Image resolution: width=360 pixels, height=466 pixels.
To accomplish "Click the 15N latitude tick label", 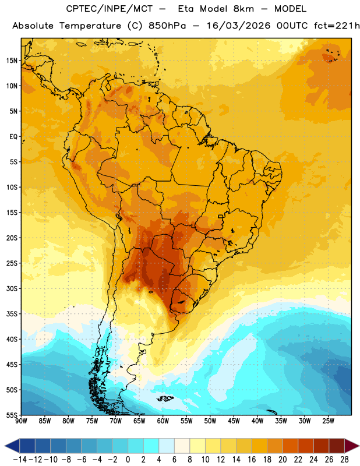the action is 12,61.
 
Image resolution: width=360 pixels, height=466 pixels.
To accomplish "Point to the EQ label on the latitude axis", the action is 13,137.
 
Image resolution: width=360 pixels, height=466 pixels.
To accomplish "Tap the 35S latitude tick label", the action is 12,314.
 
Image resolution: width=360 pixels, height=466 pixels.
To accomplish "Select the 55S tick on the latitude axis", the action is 12,415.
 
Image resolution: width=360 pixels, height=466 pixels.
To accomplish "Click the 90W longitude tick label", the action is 21,421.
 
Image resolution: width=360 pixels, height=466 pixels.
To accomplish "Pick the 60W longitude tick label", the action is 163,421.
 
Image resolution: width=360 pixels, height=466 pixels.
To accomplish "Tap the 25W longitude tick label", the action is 328,421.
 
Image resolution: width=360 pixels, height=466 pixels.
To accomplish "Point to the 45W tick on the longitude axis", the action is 234,421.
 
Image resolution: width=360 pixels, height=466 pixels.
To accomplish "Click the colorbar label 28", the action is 344,460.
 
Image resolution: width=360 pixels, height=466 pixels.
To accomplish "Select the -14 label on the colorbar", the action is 20,460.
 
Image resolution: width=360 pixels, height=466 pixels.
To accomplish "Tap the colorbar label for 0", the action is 128,460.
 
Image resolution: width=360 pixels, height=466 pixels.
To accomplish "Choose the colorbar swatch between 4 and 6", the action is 167,446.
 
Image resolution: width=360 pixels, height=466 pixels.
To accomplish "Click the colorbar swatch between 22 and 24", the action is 306,446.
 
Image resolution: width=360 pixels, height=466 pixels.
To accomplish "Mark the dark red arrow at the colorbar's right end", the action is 351,446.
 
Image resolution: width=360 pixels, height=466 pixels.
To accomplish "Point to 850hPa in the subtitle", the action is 167,26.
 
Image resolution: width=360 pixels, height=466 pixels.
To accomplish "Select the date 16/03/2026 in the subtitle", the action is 238,26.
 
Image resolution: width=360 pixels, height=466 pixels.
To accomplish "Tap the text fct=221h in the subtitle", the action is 337,26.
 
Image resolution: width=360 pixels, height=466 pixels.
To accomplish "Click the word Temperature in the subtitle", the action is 90,26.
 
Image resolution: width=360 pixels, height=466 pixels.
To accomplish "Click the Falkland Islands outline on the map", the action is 165,398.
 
